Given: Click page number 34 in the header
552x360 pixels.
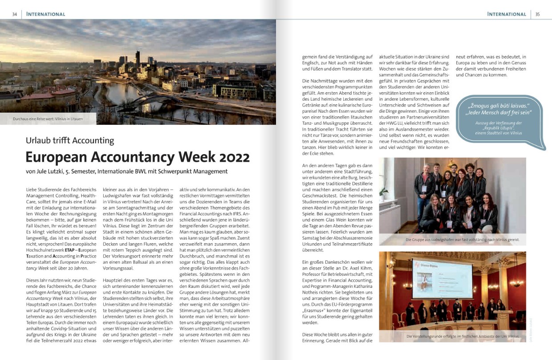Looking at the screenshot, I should coord(14,14).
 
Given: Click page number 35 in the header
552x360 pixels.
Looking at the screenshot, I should coord(537,14).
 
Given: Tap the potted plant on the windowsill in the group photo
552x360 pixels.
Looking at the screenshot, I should coord(384,192).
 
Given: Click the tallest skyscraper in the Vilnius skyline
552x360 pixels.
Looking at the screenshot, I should coord(137,57).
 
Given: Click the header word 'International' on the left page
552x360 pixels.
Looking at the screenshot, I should coord(46,14).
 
